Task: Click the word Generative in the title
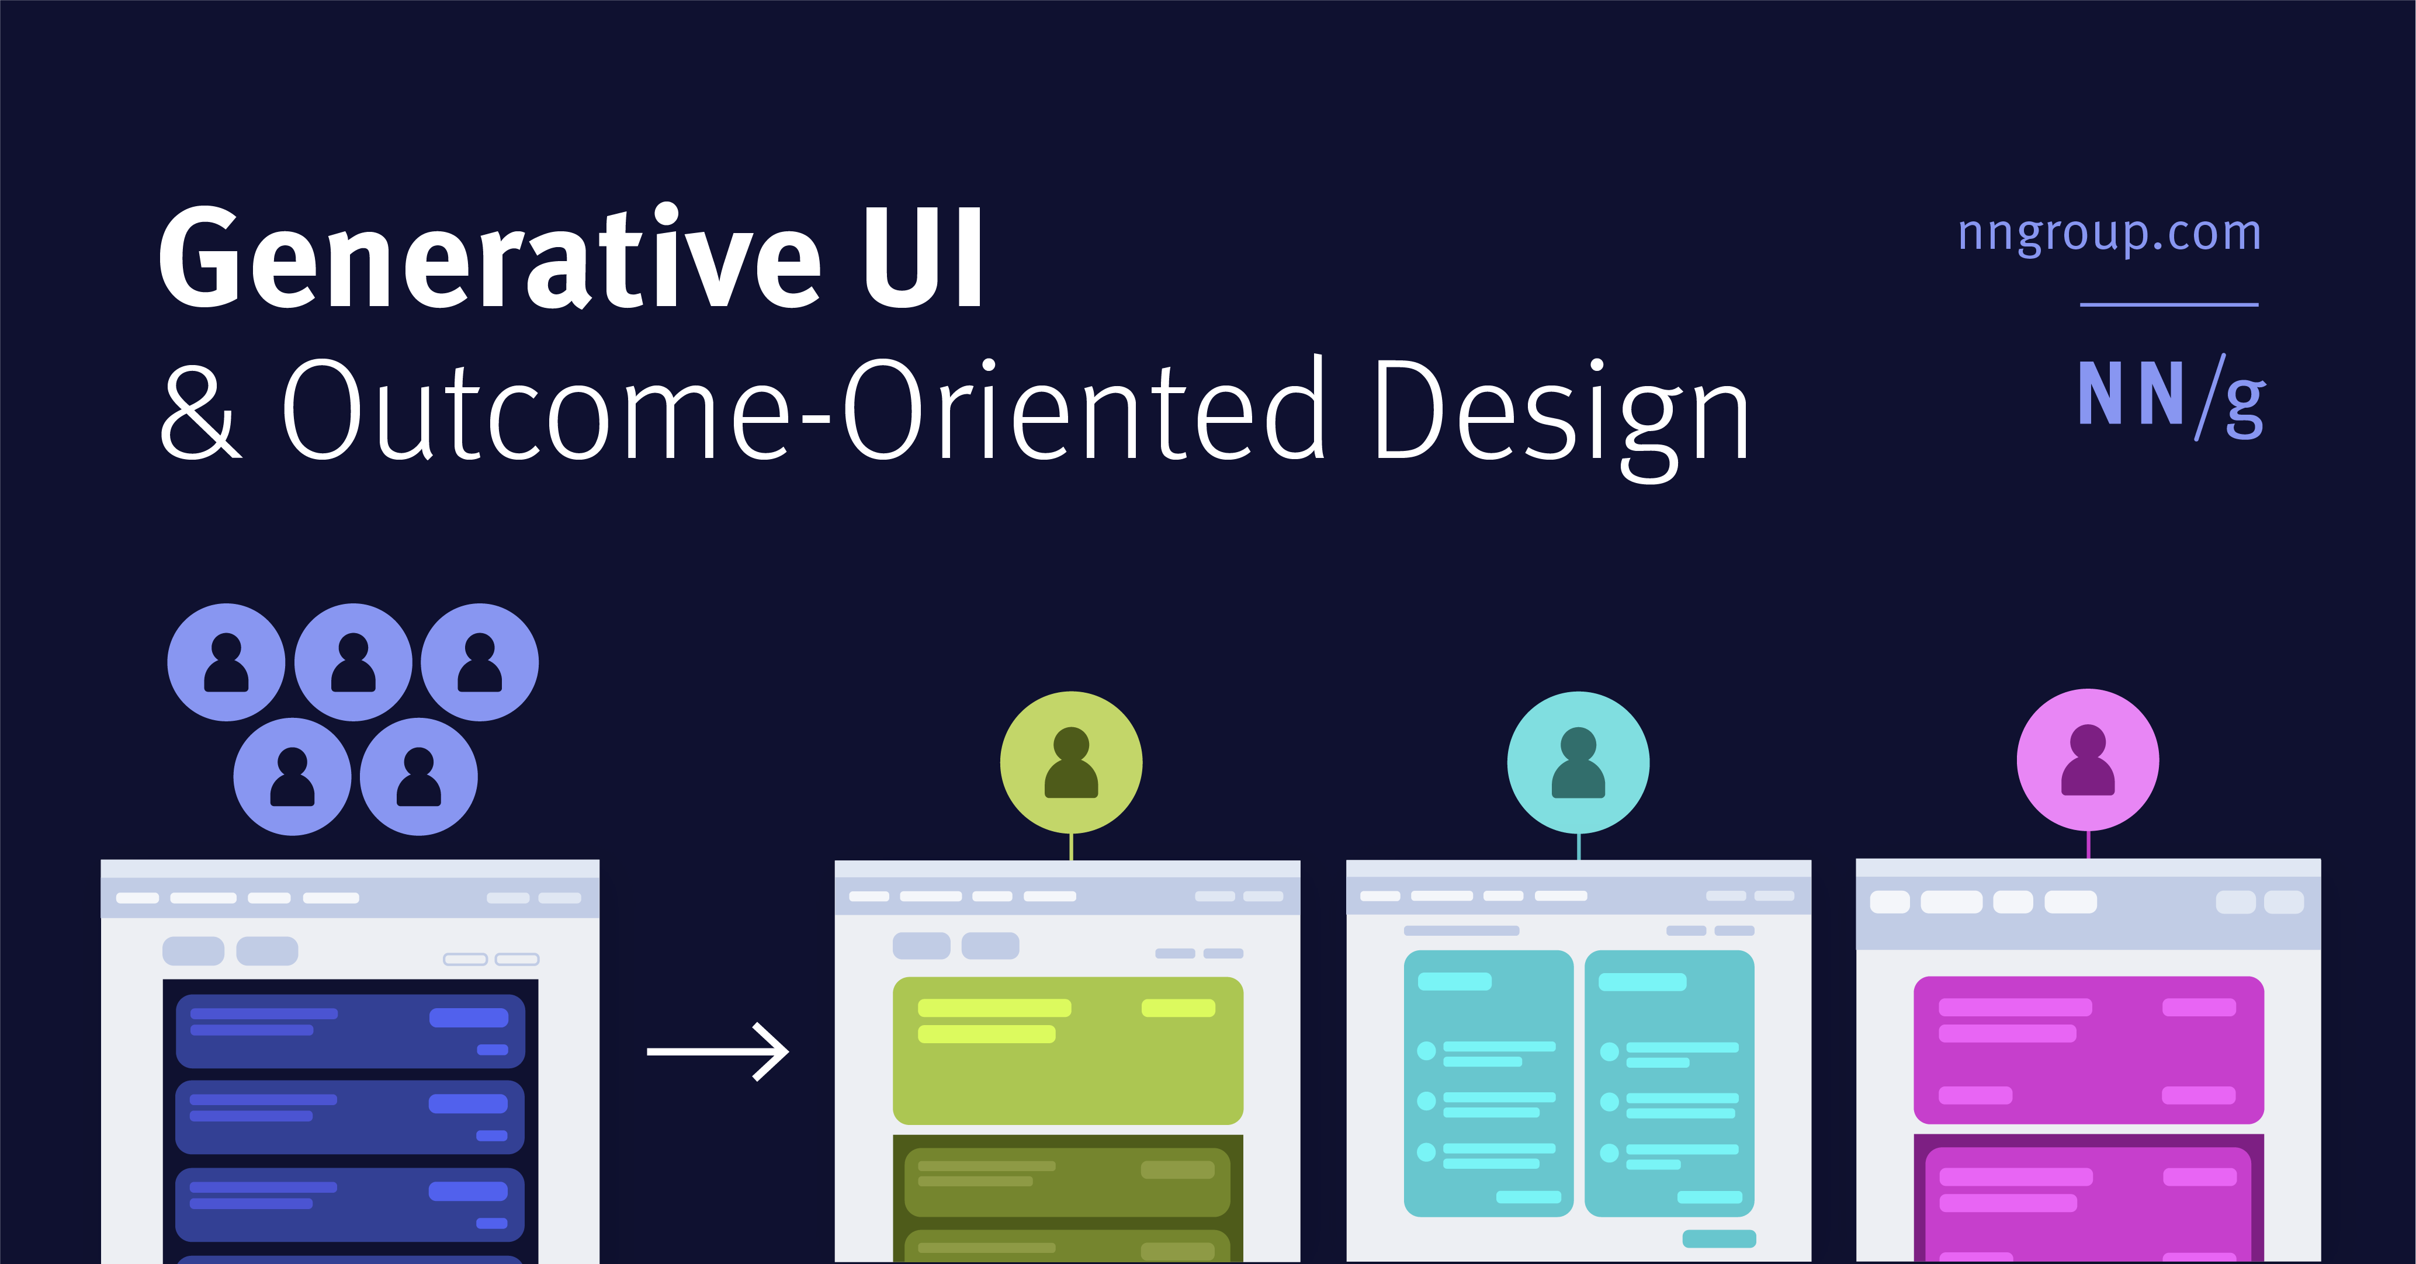[488, 258]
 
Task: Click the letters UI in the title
[923, 258]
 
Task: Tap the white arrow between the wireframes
[717, 1051]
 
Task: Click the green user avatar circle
[1071, 762]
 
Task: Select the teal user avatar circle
[1579, 762]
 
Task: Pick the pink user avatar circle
[2088, 759]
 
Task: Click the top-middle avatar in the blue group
[353, 662]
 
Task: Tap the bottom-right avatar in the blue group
[418, 776]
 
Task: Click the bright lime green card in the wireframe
[1067, 1050]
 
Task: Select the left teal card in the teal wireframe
[1488, 1083]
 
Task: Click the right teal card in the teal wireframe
[1669, 1083]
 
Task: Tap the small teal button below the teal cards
[1718, 1239]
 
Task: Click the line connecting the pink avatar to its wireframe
[2088, 844]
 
